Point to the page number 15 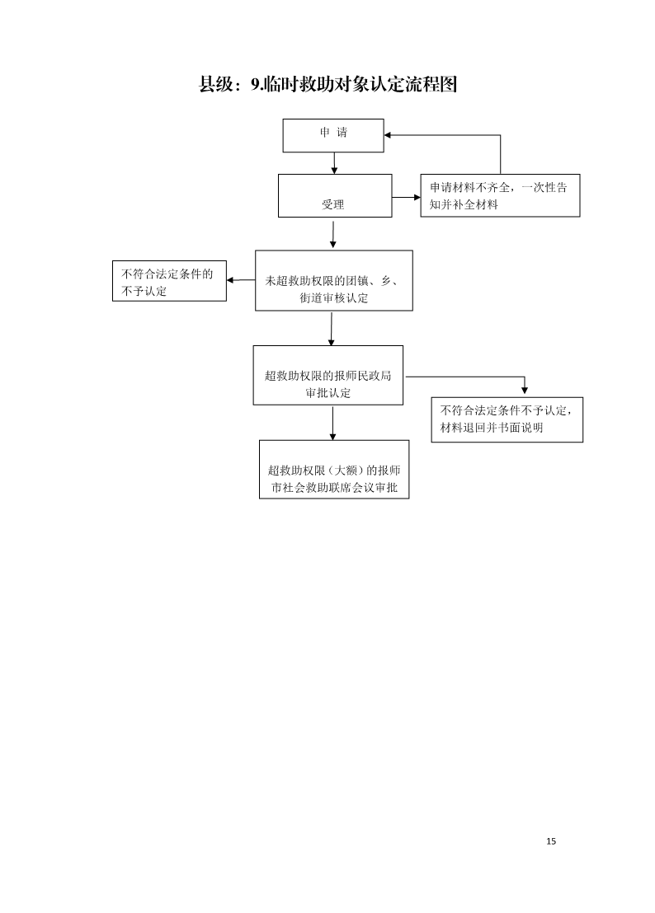point(551,840)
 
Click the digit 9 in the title point(255,84)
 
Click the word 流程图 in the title point(431,84)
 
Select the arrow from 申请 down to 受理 point(334,163)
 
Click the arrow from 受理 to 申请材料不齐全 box point(406,198)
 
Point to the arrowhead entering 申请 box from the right point(388,135)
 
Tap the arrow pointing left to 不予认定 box point(241,280)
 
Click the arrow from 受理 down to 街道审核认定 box point(332,234)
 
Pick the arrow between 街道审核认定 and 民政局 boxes point(332,329)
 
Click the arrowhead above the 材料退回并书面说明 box point(525,390)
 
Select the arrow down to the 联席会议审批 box point(332,424)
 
